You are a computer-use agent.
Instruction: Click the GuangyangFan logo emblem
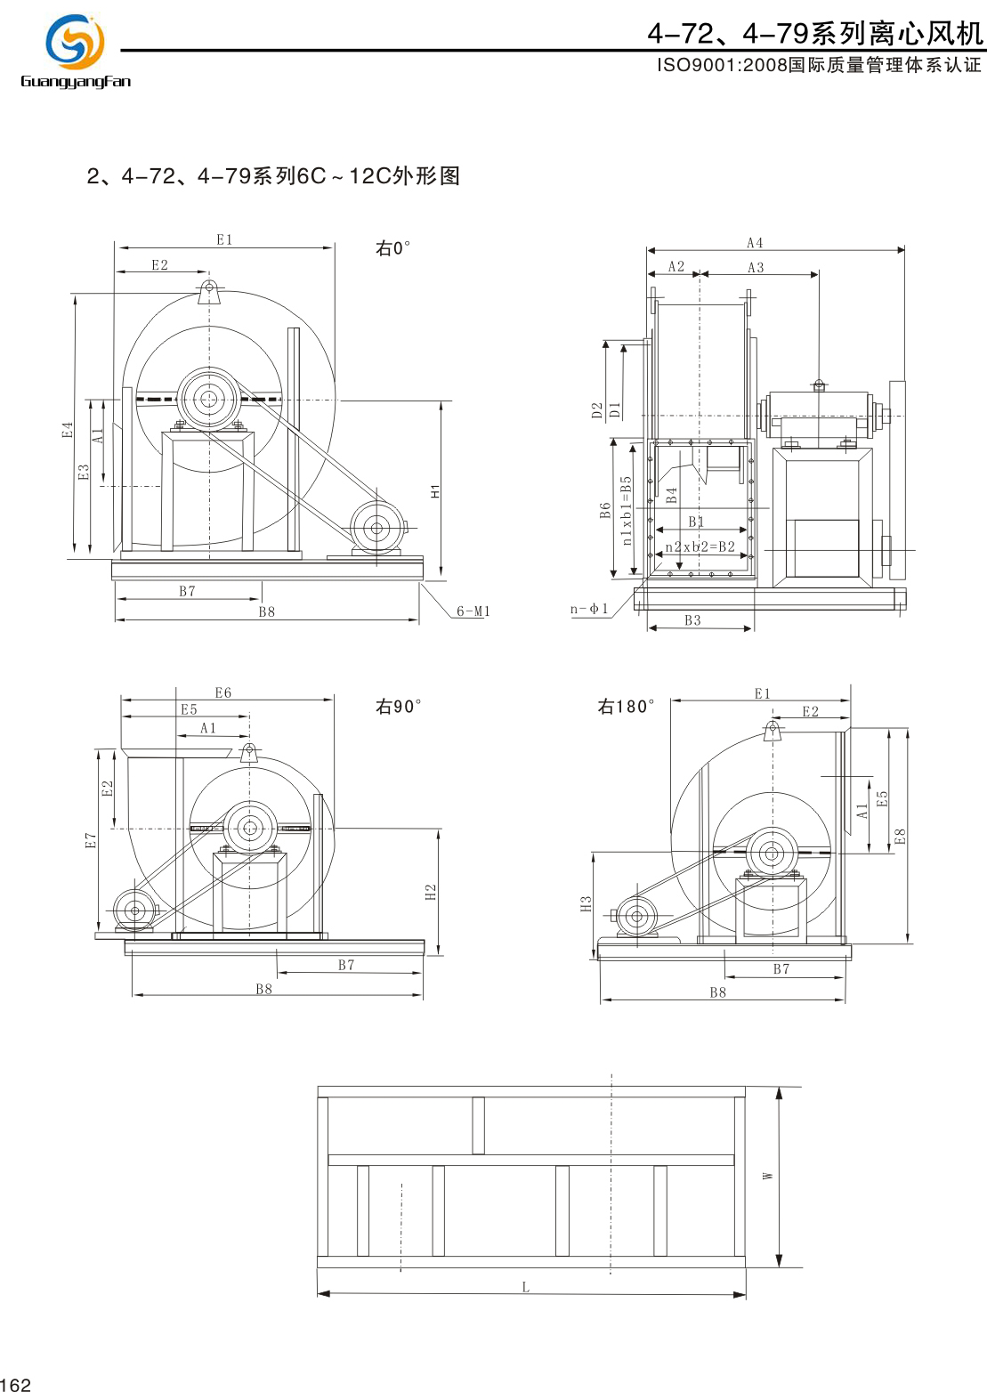[x=75, y=42]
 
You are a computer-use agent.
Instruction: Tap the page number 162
[x=16, y=1384]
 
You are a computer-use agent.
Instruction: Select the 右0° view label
[x=392, y=248]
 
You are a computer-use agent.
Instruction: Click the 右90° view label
[x=398, y=707]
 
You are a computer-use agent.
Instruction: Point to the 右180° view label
[x=626, y=707]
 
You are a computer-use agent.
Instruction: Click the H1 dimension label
[x=435, y=491]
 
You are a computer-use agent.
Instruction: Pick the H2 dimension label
[x=431, y=892]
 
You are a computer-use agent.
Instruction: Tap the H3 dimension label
[x=586, y=903]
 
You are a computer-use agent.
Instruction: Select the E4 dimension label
[x=68, y=430]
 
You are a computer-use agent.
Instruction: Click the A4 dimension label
[x=755, y=243]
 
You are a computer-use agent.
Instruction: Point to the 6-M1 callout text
[x=473, y=611]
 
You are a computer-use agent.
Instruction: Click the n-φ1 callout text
[x=589, y=610]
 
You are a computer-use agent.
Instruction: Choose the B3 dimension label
[x=692, y=620]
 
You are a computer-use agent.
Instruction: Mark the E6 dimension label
[x=222, y=692]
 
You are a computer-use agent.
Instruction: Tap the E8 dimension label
[x=900, y=837]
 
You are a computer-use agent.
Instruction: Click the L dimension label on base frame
[x=526, y=1287]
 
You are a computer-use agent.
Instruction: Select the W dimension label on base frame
[x=768, y=1177]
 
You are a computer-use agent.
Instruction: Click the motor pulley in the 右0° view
[x=376, y=528]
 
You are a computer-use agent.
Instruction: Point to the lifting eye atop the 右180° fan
[x=773, y=731]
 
